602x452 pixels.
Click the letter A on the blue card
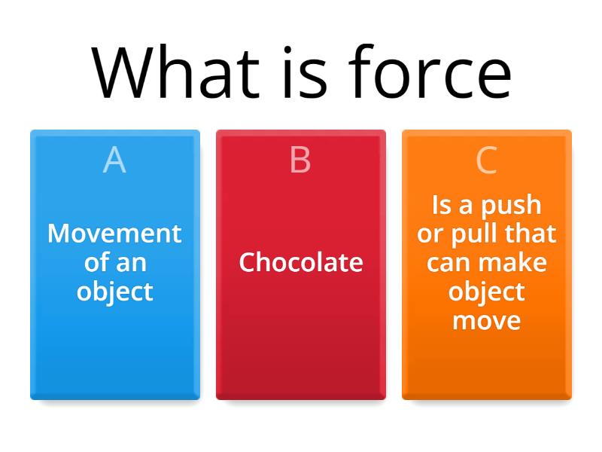[x=114, y=160]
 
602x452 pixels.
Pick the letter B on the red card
[x=300, y=160]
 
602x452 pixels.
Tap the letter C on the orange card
[x=487, y=160]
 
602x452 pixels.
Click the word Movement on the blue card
[x=114, y=234]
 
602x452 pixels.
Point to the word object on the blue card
[x=114, y=292]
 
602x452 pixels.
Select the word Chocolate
[x=300, y=262]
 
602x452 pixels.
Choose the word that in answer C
[x=530, y=234]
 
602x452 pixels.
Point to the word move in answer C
[x=487, y=321]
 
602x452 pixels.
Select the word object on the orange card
[x=487, y=292]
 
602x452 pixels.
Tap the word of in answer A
[x=96, y=263]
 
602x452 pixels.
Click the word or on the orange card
[x=430, y=234]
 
